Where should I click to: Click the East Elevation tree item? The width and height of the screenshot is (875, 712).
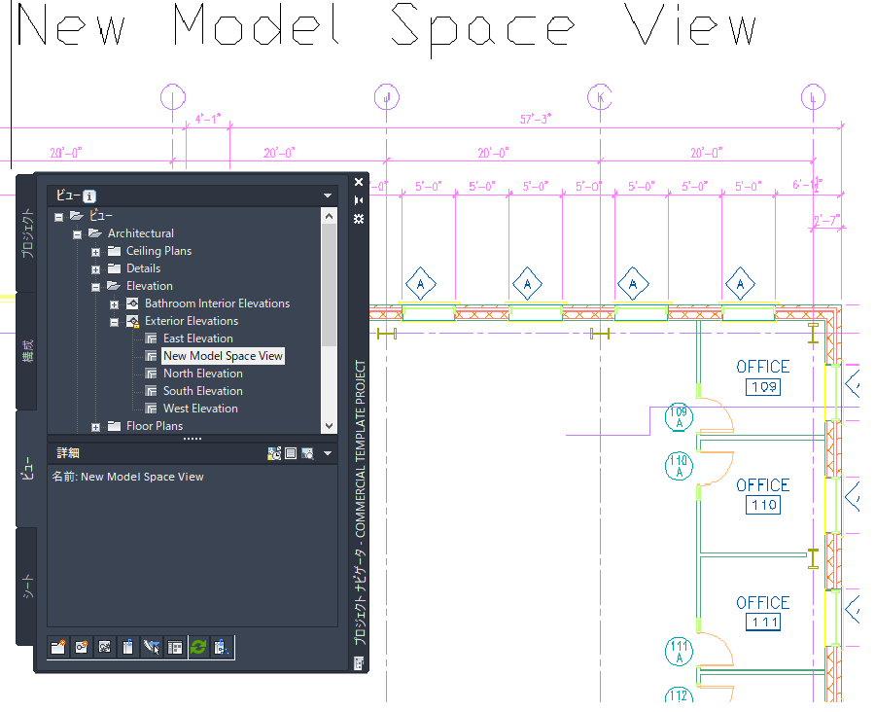coord(197,338)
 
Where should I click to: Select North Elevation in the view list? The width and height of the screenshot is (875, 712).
coord(202,374)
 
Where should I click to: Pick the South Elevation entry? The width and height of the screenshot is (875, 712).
coord(202,391)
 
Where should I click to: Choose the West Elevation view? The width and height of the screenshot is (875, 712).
coord(200,409)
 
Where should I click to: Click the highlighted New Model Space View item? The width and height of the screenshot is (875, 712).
coord(223,356)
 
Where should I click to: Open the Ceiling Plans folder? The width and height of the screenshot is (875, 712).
coord(158,251)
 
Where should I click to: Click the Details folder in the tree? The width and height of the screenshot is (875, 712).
coord(143,268)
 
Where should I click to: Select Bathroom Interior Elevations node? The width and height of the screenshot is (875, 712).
coord(217,303)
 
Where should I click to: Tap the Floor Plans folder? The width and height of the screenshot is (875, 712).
coord(154,426)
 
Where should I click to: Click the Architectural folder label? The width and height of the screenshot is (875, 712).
coord(141,233)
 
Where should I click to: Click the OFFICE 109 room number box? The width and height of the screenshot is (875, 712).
coord(763,388)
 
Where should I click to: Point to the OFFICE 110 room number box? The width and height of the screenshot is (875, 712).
coord(763,506)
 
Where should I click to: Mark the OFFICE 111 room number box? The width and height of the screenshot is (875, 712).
coord(763,623)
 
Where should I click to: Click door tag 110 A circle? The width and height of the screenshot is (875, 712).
coord(679,466)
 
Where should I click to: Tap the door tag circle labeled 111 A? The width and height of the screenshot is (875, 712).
coord(679,652)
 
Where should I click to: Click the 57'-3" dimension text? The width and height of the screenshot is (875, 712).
coord(536,119)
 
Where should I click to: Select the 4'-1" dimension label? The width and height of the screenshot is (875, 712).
coord(208,119)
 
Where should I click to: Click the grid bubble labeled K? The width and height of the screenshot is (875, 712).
coord(600,96)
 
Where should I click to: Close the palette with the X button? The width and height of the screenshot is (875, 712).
coord(359,182)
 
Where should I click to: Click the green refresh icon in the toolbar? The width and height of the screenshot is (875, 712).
coord(198,647)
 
